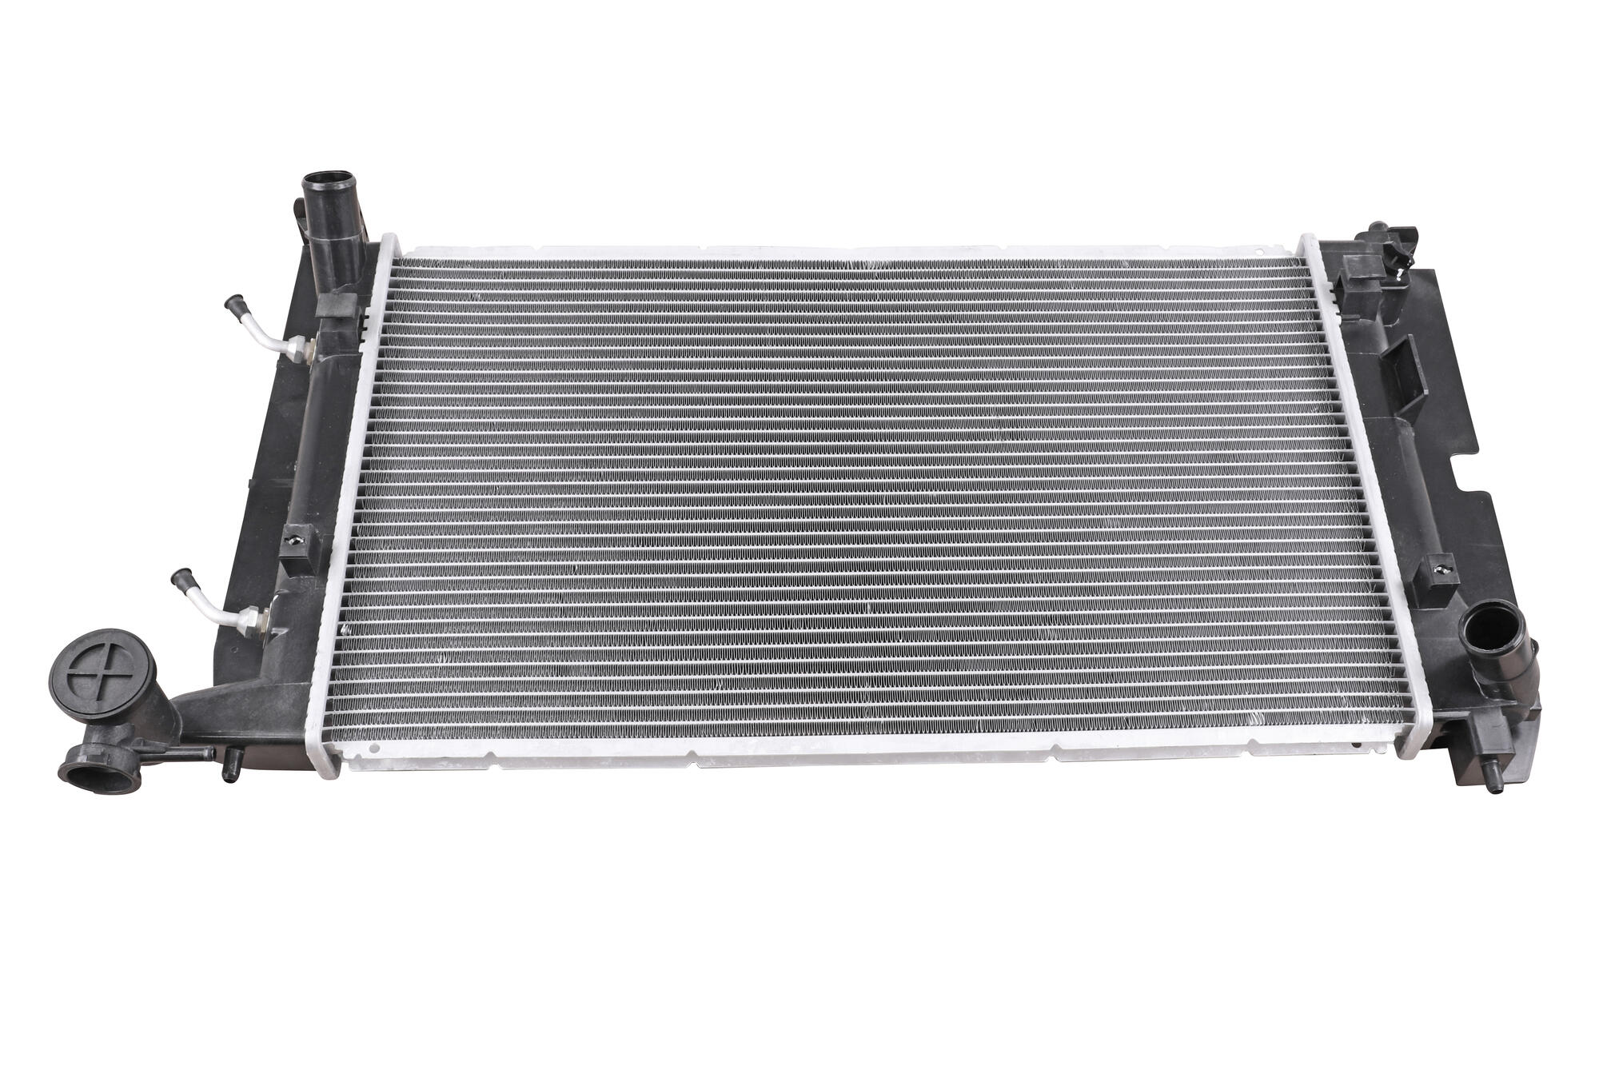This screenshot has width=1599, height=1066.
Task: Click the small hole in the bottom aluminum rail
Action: click(x=373, y=750)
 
